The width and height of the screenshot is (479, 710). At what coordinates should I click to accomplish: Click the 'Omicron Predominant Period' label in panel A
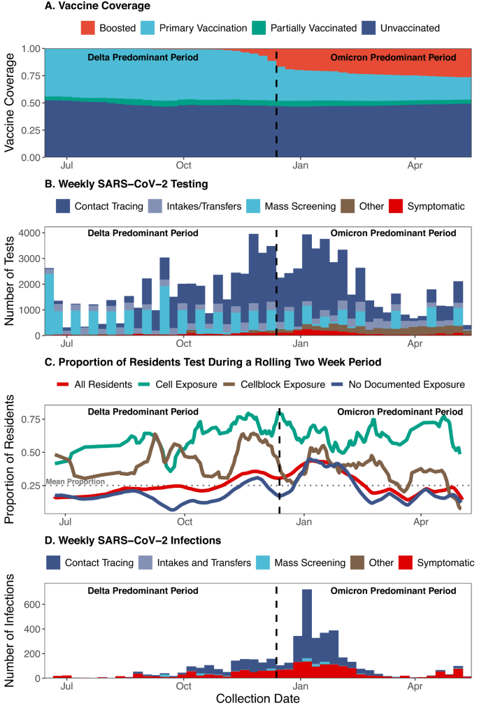pos(393,57)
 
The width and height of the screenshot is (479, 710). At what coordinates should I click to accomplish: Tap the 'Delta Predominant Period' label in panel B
pos(143,233)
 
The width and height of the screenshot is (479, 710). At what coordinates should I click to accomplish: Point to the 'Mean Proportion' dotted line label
pos(75,481)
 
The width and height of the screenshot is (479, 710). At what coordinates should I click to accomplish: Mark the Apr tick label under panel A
pos(415,166)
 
